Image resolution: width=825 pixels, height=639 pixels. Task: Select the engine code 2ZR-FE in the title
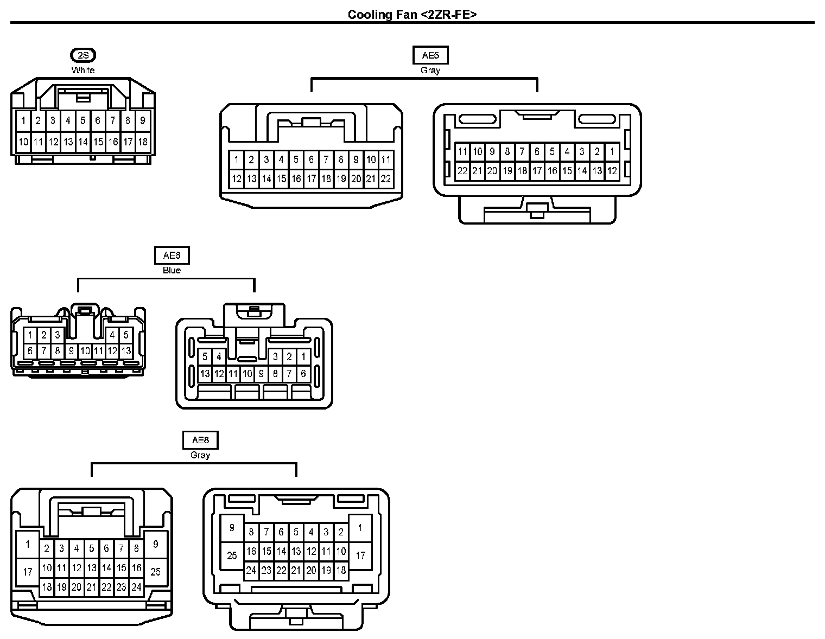click(448, 14)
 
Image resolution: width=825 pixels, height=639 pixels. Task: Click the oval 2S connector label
click(83, 55)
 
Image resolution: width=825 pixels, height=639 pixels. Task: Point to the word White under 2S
click(83, 70)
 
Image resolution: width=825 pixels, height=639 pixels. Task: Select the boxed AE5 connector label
click(430, 55)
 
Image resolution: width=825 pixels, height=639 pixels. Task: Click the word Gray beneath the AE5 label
click(430, 70)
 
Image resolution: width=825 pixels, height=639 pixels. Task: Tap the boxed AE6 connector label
click(172, 255)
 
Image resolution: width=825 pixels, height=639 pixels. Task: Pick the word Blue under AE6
click(172, 270)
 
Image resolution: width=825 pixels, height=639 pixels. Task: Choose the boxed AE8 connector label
click(200, 440)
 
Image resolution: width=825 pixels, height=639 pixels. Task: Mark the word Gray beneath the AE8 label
click(200, 455)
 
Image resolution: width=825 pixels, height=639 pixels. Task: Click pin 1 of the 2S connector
click(23, 120)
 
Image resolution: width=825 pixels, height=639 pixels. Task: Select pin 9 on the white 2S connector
click(143, 120)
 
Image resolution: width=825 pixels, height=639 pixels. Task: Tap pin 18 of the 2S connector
click(143, 142)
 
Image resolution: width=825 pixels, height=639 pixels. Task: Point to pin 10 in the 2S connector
click(23, 142)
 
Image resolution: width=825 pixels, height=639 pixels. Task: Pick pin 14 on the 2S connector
click(83, 142)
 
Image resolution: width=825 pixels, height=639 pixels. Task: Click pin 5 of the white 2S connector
click(83, 120)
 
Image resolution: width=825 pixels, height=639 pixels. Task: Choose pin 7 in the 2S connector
click(113, 120)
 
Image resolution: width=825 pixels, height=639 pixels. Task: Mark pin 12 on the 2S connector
click(53, 142)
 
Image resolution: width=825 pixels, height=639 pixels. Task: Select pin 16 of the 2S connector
click(113, 142)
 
